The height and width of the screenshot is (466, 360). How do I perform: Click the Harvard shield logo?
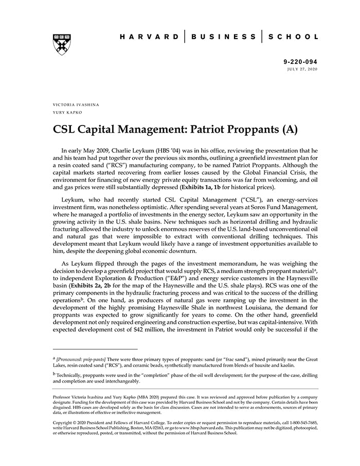coord(62,45)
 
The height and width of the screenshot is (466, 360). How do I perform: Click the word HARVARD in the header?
coord(150,37)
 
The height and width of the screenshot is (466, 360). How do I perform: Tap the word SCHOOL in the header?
coord(294,37)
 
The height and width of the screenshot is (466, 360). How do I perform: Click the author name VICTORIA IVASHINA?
coord(76,104)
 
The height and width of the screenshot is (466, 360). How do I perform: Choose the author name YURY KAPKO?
coord(67,112)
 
